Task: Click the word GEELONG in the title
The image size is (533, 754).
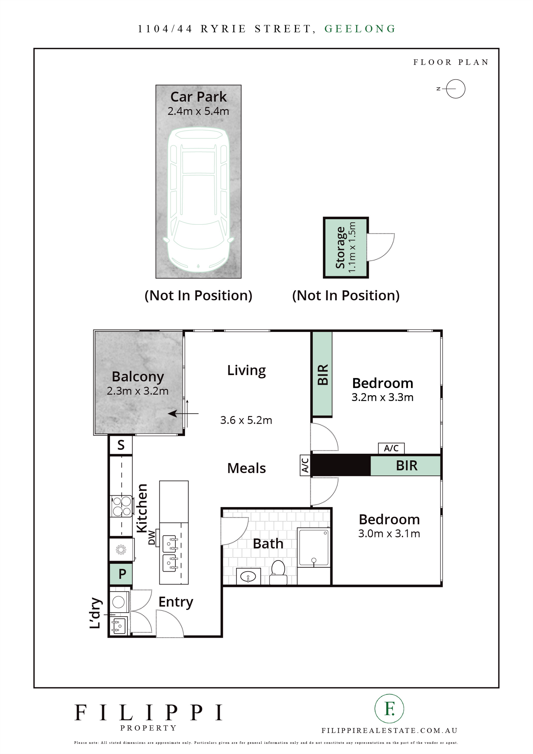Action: (360, 29)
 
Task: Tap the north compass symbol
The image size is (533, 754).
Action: (452, 89)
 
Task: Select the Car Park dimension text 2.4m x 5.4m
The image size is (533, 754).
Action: (198, 111)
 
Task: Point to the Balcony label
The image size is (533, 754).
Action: (138, 377)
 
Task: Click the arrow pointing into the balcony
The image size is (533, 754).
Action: (183, 414)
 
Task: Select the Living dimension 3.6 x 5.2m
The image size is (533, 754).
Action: (246, 420)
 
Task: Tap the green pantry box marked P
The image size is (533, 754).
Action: (121, 574)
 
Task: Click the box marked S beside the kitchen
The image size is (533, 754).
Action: (121, 445)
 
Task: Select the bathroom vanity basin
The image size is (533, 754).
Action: (248, 577)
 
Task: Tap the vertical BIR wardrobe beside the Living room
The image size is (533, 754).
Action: (322, 374)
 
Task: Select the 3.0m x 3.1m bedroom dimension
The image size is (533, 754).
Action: (389, 534)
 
